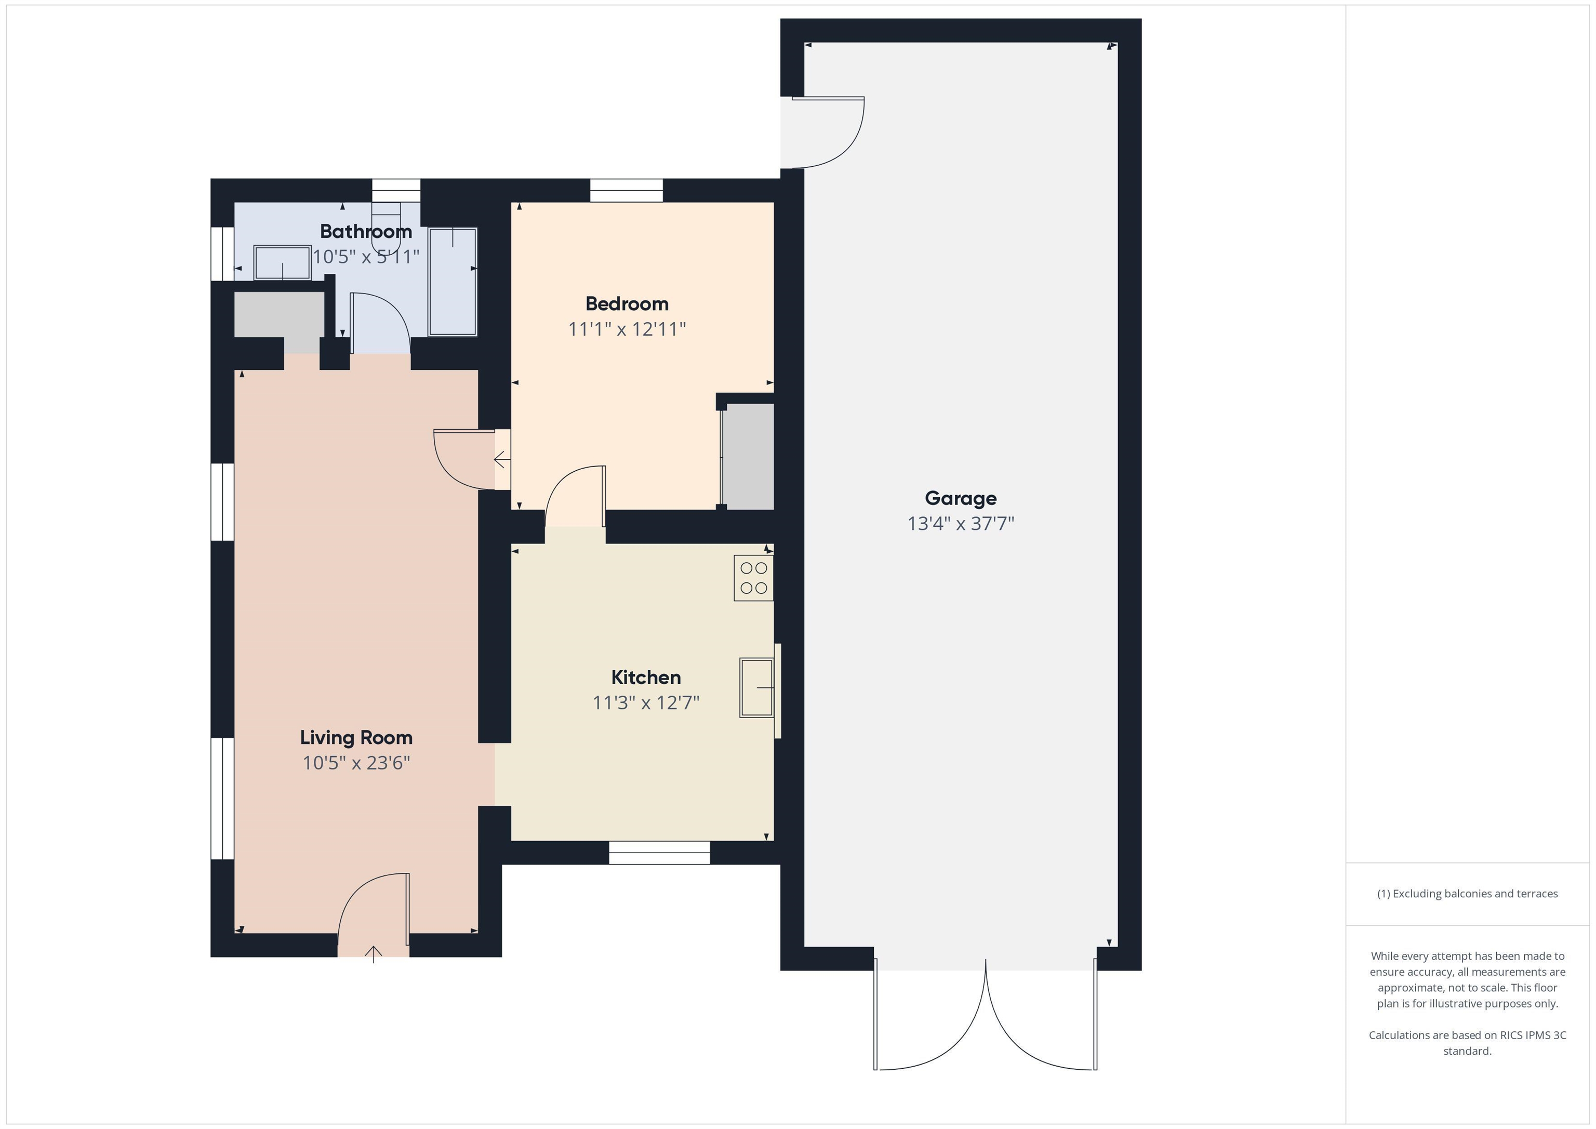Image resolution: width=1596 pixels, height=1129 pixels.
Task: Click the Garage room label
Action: pyautogui.click(x=960, y=498)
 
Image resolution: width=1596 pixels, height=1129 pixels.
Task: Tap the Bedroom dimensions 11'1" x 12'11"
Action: pyautogui.click(x=627, y=329)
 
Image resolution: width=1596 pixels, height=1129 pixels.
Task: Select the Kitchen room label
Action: pyautogui.click(x=646, y=677)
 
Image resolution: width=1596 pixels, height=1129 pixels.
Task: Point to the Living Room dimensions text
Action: pyautogui.click(x=356, y=763)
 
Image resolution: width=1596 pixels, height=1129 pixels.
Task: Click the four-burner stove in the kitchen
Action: pyautogui.click(x=753, y=578)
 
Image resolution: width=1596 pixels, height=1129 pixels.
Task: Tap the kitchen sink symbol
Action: pyautogui.click(x=757, y=687)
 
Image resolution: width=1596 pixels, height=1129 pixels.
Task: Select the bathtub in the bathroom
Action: pyautogui.click(x=453, y=282)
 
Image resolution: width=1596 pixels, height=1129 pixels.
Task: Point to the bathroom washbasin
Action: pyautogui.click(x=282, y=263)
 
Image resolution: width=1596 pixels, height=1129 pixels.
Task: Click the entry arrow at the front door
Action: pyautogui.click(x=374, y=953)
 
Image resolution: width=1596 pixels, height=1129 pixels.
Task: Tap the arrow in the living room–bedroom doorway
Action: pyautogui.click(x=500, y=459)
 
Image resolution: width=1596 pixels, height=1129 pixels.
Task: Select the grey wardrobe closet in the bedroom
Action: pyautogui.click(x=748, y=456)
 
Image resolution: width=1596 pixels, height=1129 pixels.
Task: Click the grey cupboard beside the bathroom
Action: pyautogui.click(x=279, y=314)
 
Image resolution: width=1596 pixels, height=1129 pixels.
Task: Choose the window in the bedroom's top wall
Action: pyautogui.click(x=627, y=191)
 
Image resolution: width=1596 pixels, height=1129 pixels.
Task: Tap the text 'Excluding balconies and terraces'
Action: pyautogui.click(x=1474, y=894)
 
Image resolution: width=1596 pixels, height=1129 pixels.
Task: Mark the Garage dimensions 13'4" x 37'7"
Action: pyautogui.click(x=960, y=524)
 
